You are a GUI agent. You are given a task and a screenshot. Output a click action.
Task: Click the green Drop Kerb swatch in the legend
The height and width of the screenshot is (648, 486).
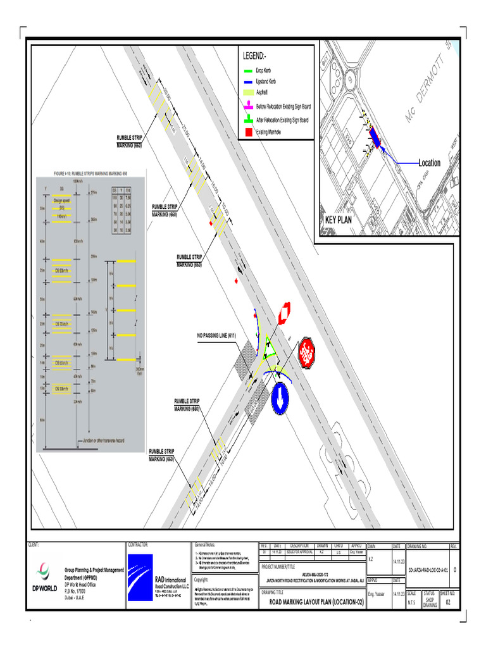coord(247,71)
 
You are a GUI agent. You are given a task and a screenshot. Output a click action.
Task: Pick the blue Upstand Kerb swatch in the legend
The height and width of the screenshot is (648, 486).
coord(247,82)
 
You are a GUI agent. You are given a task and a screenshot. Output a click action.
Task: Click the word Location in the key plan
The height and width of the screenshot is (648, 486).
coord(429,163)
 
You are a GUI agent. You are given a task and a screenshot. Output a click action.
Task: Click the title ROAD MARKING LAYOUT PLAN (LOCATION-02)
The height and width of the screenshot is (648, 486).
coord(317,601)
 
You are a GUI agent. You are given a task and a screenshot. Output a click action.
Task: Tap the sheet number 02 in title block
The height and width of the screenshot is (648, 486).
coord(449,602)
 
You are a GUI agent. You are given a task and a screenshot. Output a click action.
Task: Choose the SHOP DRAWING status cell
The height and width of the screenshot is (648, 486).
coord(430,601)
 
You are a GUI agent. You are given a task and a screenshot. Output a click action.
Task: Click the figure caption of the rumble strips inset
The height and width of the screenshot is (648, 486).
coord(90,172)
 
